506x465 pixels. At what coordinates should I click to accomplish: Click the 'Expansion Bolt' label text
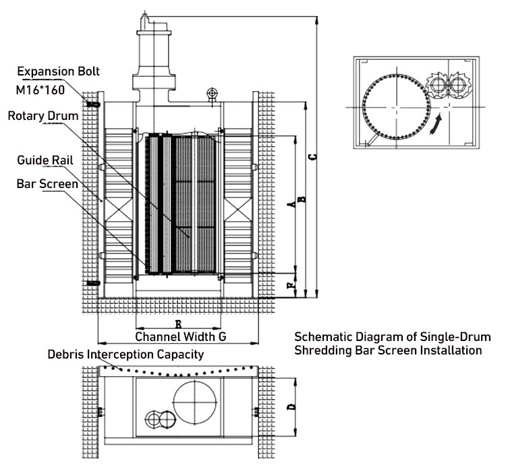pyautogui.click(x=59, y=71)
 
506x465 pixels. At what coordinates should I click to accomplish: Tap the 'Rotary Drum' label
pyautogui.click(x=43, y=115)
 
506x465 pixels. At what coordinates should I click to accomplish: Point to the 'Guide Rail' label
pyautogui.click(x=45, y=160)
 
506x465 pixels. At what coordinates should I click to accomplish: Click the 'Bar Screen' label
pyautogui.click(x=47, y=183)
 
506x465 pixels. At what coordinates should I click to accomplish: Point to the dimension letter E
pyautogui.click(x=177, y=323)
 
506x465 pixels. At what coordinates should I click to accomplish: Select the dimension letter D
pyautogui.click(x=291, y=407)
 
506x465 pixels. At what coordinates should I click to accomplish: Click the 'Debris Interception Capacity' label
pyautogui.click(x=125, y=354)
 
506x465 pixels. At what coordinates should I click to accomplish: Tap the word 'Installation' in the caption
pyautogui.click(x=453, y=350)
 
